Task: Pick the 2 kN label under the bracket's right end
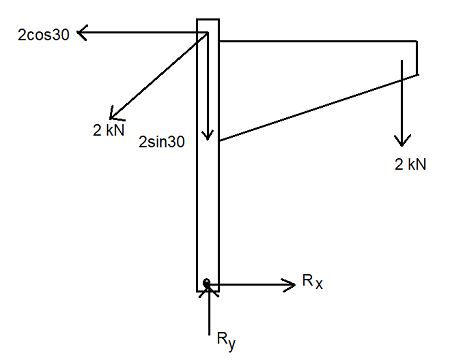pos(410,163)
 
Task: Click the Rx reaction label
pos(312,282)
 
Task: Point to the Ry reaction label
pos(227,344)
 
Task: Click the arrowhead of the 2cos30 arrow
pos(81,33)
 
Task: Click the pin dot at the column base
pos(207,284)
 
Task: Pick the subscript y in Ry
pos(233,348)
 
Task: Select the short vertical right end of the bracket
pos(418,56)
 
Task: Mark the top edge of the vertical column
pos(207,19)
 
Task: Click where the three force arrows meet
pos(207,33)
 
